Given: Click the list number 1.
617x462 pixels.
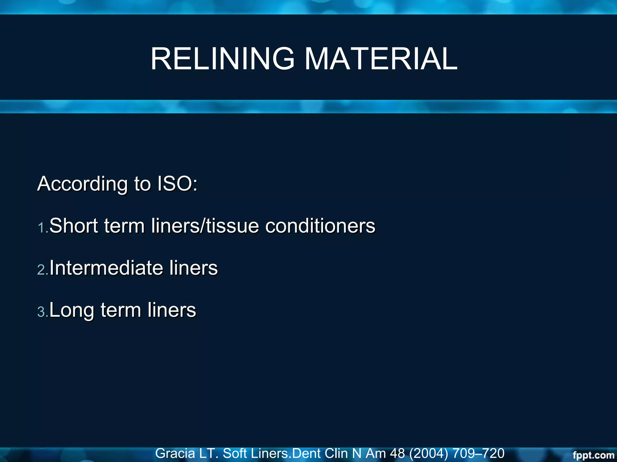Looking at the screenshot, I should pos(42,228).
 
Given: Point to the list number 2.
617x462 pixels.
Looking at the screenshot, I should pos(42,269).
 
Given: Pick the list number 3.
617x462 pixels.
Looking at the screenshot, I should pos(42,312).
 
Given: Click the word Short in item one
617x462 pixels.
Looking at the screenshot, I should pos(74,226).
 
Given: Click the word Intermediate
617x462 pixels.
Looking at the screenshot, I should pos(106,268).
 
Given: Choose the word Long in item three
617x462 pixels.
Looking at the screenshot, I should pos(71,310).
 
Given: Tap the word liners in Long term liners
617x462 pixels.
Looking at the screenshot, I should pos(172,310).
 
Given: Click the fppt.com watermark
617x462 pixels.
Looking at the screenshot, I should pos(593,455).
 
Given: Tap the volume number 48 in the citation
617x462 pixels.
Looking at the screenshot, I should pos(397,453).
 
